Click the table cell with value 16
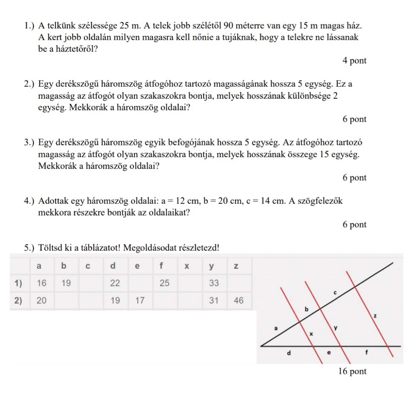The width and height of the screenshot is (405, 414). [x=42, y=283]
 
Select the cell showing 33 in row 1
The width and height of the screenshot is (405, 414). [x=214, y=283]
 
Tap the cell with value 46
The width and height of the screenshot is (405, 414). [x=238, y=301]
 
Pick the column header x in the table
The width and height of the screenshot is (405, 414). [x=186, y=266]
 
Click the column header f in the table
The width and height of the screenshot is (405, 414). [x=161, y=266]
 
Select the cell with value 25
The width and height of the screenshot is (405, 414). [x=165, y=283]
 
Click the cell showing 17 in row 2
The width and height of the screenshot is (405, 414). [x=140, y=301]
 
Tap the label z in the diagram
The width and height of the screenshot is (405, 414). [x=375, y=315]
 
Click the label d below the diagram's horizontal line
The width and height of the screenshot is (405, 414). [x=288, y=353]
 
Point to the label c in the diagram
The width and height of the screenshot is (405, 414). [x=335, y=293]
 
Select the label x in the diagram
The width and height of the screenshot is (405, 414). [x=311, y=334]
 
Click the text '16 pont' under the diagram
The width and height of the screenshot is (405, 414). [x=352, y=371]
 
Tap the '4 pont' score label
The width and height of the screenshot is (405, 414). [x=354, y=61]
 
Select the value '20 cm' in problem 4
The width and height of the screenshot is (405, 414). [x=229, y=201]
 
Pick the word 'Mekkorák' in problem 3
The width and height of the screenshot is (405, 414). [x=57, y=166]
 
